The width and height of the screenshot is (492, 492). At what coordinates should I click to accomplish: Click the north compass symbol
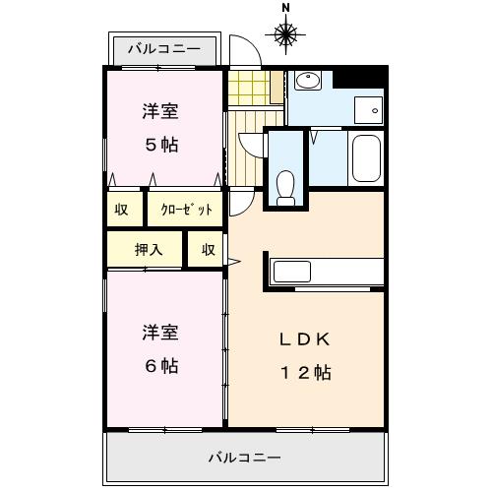click(286, 36)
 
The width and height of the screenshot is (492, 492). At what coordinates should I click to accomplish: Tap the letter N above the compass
click(286, 8)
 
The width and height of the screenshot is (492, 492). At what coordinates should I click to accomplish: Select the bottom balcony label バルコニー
click(244, 459)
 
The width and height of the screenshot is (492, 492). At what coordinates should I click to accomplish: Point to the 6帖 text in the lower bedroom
click(162, 366)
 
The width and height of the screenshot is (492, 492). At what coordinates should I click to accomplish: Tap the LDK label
click(306, 339)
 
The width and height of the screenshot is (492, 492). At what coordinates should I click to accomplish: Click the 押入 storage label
click(149, 250)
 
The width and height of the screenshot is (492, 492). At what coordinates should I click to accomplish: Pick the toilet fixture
click(286, 187)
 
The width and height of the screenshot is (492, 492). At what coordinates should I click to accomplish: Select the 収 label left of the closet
click(121, 210)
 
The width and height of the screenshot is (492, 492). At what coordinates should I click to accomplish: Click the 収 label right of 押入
click(209, 250)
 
